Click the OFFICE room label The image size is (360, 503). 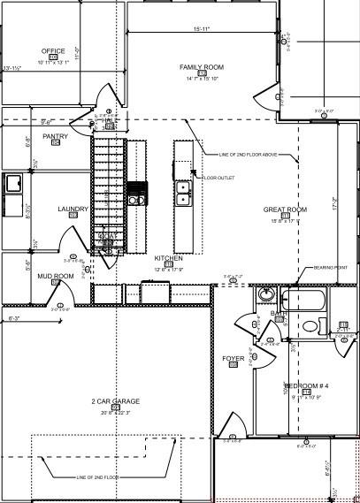tap(53, 51)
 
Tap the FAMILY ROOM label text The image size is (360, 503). tap(202, 67)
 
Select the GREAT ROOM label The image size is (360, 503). tap(285, 210)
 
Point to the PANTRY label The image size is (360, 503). tap(55, 136)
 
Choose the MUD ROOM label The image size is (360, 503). tap(55, 277)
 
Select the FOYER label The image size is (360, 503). tap(233, 358)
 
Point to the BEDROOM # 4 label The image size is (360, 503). tap(306, 386)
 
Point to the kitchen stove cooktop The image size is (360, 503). tap(136, 193)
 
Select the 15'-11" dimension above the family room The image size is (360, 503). tap(203, 30)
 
